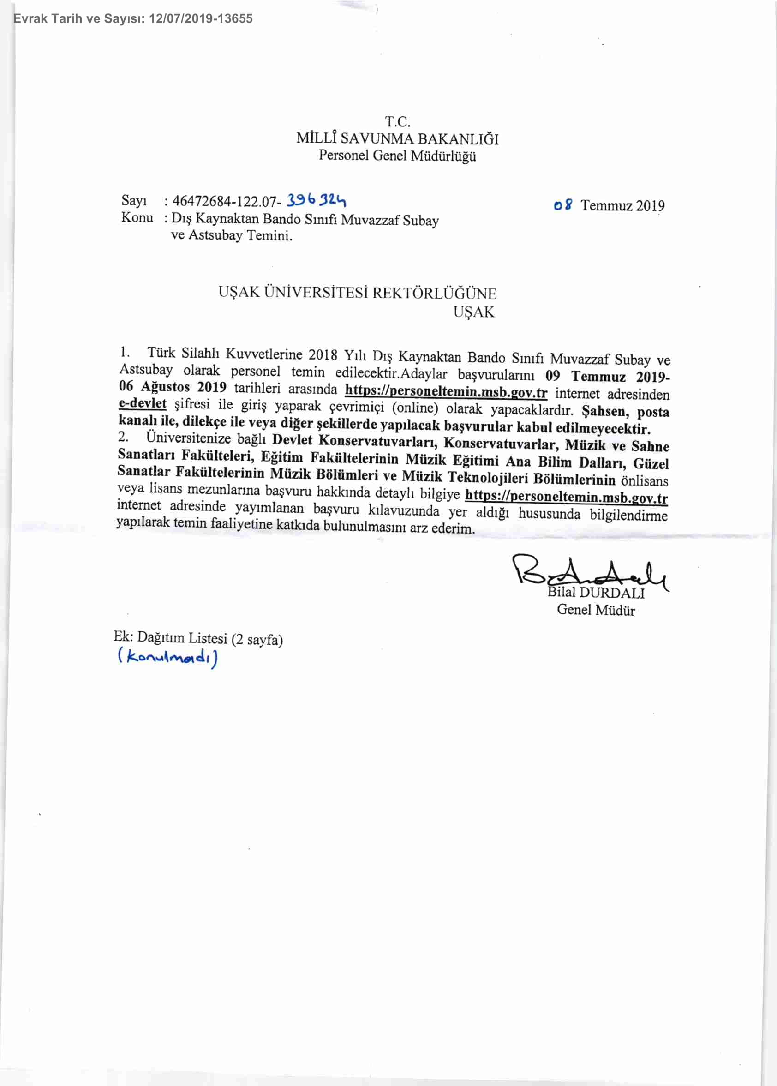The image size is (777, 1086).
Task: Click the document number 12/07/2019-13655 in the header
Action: (x=201, y=18)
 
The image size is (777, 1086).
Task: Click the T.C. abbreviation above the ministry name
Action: (x=398, y=121)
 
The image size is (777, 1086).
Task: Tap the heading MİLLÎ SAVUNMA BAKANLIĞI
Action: (x=397, y=139)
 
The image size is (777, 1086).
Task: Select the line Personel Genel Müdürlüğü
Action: (x=397, y=156)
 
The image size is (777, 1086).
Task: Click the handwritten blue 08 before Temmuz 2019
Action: (x=562, y=205)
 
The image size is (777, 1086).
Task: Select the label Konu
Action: (x=137, y=217)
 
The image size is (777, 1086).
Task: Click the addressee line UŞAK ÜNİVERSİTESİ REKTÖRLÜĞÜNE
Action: (x=358, y=293)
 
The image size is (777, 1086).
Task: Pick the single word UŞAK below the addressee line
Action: (x=474, y=312)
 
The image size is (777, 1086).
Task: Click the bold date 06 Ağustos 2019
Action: (x=172, y=387)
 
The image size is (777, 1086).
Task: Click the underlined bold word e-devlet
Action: (x=142, y=403)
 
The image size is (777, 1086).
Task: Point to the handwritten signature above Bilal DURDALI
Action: (x=588, y=572)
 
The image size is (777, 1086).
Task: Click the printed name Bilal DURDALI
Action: (x=596, y=593)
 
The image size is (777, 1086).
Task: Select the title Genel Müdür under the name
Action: (x=596, y=610)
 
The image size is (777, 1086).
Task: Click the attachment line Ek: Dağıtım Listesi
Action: (x=197, y=638)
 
